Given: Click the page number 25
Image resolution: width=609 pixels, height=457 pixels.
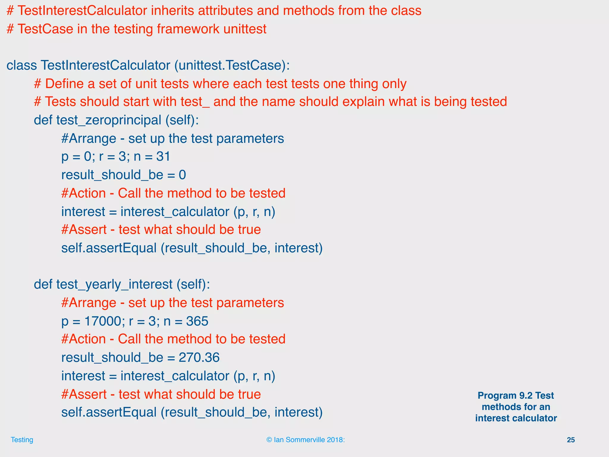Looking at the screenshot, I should coord(571,440).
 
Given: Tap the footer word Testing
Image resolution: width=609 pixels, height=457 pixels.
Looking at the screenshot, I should coord(22,440).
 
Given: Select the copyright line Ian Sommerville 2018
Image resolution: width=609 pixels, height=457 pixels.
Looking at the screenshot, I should coord(305,440).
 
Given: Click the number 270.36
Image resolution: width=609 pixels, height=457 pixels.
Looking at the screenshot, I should coord(199,357).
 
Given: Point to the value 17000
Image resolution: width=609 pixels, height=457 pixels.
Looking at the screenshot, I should coord(103,321).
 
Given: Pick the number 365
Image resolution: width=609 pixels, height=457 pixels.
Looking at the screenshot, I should coord(197,321).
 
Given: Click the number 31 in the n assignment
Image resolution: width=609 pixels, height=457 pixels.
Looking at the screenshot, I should coord(163,156).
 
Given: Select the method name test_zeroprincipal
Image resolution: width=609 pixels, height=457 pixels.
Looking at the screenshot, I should coord(109,120).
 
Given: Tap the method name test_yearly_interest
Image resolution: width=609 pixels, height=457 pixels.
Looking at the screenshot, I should coord(114,285).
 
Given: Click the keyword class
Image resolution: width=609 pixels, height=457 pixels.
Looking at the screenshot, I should coord(22,65).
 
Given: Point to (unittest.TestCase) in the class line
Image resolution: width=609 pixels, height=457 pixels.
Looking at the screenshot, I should coord(232,65).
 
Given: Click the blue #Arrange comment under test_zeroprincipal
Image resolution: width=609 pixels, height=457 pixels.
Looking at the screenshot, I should coord(172,139).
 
